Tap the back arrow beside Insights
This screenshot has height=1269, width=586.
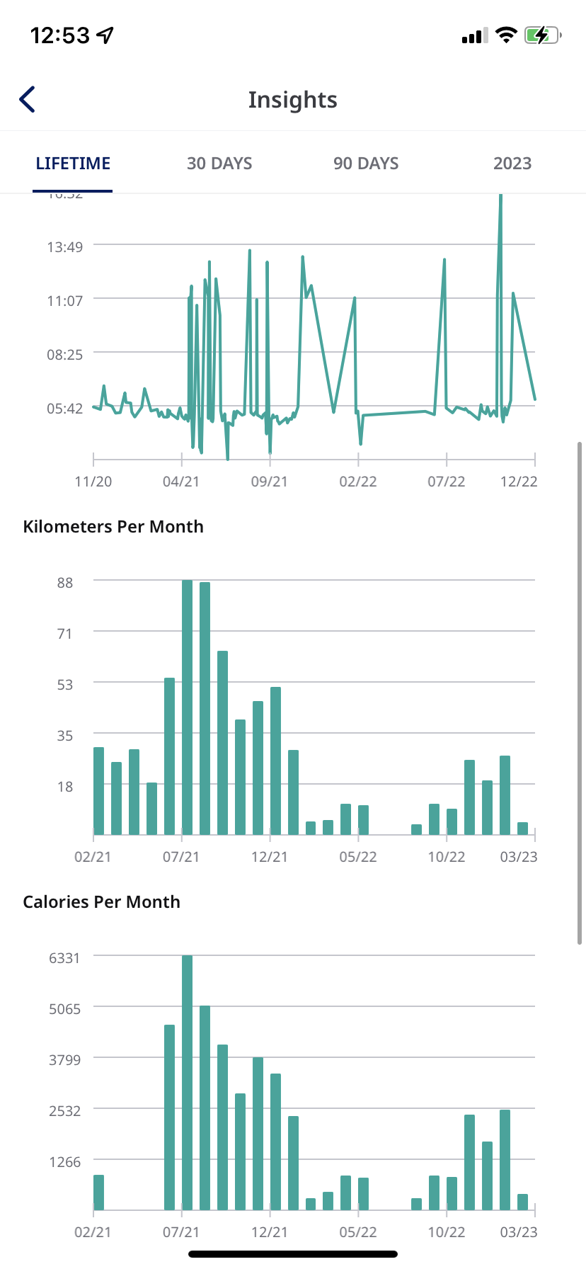pyautogui.click(x=28, y=100)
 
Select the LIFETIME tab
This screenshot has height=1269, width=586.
pyautogui.click(x=73, y=164)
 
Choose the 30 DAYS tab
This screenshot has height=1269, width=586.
pyautogui.click(x=219, y=164)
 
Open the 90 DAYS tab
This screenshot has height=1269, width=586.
pyautogui.click(x=366, y=164)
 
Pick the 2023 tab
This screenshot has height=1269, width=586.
pyautogui.click(x=512, y=164)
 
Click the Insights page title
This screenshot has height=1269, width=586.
pyautogui.click(x=292, y=100)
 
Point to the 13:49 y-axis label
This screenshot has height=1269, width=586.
pyautogui.click(x=65, y=247)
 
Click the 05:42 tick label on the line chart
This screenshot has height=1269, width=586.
pyautogui.click(x=65, y=409)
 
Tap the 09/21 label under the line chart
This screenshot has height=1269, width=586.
pyautogui.click(x=270, y=482)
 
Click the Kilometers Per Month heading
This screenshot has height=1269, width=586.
pyautogui.click(x=113, y=527)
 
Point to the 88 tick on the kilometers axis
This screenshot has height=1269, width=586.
pyautogui.click(x=65, y=583)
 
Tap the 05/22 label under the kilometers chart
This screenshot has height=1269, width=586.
pyautogui.click(x=358, y=857)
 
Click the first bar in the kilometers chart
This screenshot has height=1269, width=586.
pyautogui.click(x=99, y=791)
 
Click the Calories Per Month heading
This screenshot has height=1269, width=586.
pyautogui.click(x=102, y=902)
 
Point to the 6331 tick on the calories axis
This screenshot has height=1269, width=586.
pyautogui.click(x=64, y=958)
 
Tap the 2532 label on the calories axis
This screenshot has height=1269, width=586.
pyautogui.click(x=64, y=1111)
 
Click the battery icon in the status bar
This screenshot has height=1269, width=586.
pyautogui.click(x=542, y=35)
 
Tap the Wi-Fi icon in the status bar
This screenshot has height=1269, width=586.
pyautogui.click(x=506, y=35)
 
